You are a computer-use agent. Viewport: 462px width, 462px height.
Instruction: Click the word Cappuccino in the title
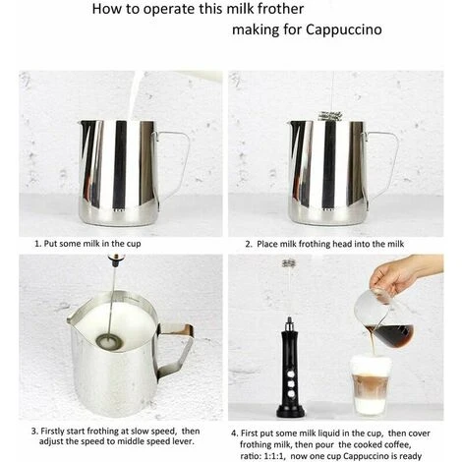pos(344,29)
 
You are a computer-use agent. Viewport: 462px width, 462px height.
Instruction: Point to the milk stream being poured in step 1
pos(135,95)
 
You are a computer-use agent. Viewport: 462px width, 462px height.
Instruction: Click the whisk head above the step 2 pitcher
pos(329,116)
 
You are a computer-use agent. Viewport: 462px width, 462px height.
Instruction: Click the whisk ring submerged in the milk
pos(109,341)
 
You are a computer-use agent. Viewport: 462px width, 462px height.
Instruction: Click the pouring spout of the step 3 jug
pos(72,318)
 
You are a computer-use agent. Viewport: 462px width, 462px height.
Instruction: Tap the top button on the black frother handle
pos(291,373)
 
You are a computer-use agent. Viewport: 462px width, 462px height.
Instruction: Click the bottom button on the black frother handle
pos(291,393)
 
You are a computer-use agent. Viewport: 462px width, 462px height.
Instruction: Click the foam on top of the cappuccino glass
pos(372,365)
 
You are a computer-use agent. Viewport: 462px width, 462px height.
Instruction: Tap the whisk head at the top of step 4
pos(289,263)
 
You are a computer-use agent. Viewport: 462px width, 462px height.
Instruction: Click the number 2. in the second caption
pos(249,244)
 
